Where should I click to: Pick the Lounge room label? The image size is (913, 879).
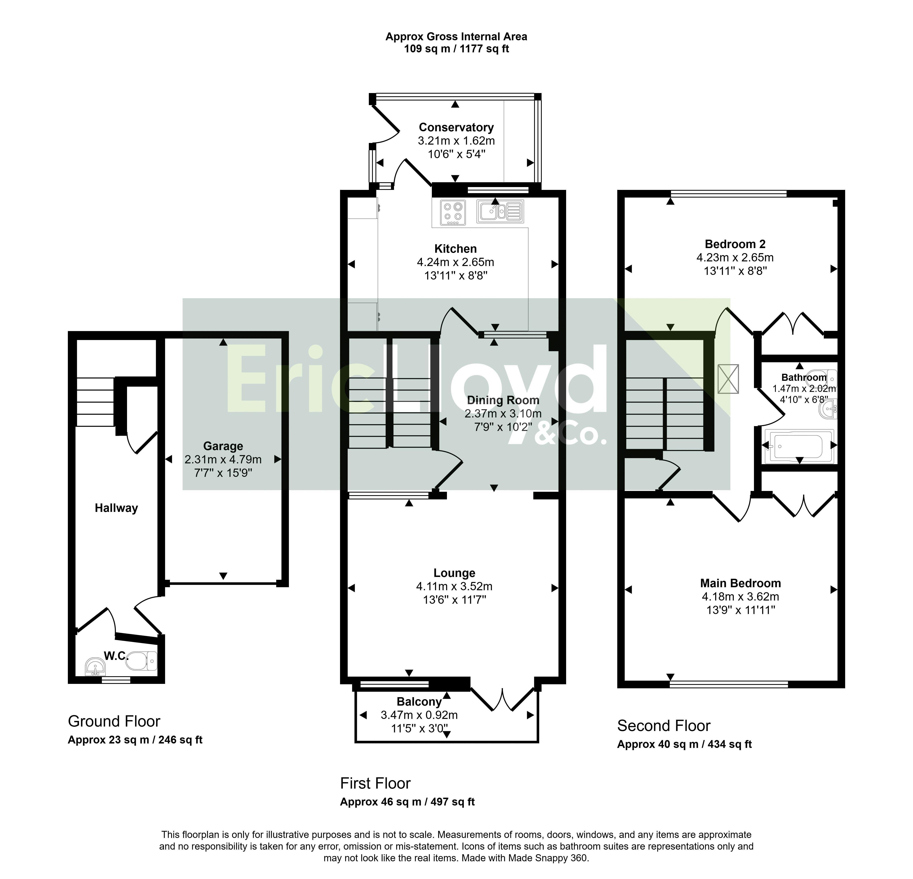pos(455,573)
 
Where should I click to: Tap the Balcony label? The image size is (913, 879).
pos(419,702)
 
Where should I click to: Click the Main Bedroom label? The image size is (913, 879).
pos(741,583)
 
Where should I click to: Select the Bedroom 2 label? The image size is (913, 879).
pos(735,244)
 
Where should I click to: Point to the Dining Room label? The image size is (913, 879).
pos(503,400)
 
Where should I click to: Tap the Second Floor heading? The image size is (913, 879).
pos(664,726)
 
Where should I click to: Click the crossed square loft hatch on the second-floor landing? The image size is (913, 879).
pos(728,379)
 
